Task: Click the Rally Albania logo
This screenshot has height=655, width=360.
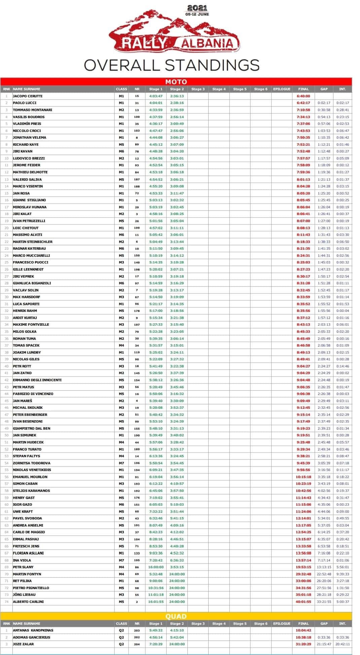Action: coord(174,32)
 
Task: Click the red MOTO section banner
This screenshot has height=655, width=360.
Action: coord(176,82)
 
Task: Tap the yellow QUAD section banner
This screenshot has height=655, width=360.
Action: coord(176,616)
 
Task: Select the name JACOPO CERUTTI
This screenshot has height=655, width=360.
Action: coord(28,96)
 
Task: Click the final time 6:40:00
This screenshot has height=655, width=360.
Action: coord(303,96)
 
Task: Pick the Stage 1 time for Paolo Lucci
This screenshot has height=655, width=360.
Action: coord(156,103)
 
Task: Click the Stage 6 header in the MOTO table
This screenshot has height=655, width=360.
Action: coord(261,89)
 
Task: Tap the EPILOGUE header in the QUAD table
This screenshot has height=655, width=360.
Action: coord(282,623)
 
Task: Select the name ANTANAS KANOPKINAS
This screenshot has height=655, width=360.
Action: coord(33,630)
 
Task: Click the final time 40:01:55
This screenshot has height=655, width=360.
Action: coord(303,602)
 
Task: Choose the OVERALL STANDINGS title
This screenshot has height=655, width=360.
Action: coord(172,65)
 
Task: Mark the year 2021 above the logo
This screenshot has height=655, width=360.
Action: coord(197,8)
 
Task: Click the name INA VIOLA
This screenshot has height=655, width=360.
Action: coord(22,560)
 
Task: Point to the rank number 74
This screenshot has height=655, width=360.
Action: coord(6,602)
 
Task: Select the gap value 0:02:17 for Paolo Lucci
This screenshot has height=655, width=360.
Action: coord(324,103)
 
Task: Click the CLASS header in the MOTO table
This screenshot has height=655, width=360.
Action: coord(121,89)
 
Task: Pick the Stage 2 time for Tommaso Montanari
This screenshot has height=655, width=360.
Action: coord(177,110)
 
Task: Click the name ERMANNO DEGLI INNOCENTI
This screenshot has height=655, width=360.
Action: coord(37,380)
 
